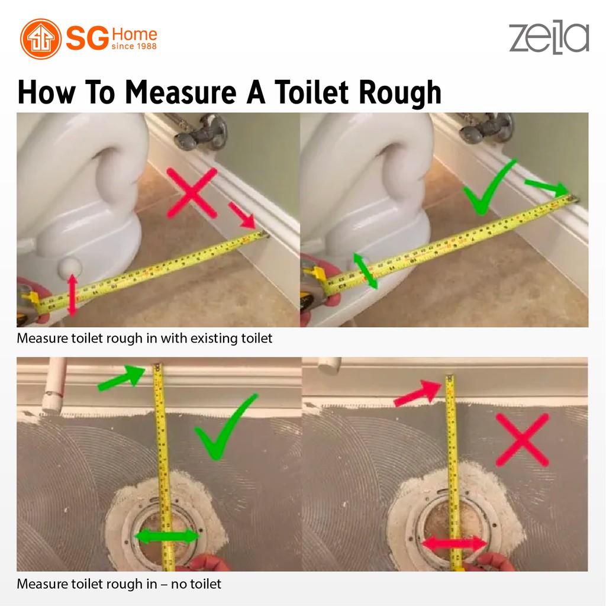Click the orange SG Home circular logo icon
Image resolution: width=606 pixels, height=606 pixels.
41,38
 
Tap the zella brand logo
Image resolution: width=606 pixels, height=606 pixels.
549,38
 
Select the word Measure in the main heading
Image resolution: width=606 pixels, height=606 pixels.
181,92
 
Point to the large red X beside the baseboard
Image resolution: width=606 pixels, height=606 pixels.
192,192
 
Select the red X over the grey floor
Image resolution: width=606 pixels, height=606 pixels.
522,440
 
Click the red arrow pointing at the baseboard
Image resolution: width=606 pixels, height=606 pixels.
242,215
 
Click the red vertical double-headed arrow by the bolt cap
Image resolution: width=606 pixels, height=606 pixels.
72,295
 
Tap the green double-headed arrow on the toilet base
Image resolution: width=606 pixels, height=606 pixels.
365,271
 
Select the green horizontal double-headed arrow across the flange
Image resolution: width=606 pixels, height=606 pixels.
167,536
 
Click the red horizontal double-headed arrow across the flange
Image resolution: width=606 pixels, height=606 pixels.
454,544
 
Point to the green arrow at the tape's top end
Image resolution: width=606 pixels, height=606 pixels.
122,378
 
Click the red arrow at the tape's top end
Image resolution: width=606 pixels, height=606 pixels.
418,394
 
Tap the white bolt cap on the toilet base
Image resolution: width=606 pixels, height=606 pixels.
70,267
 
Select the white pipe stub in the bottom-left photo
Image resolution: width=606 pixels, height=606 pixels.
54,385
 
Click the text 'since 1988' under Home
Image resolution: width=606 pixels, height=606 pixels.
134,46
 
